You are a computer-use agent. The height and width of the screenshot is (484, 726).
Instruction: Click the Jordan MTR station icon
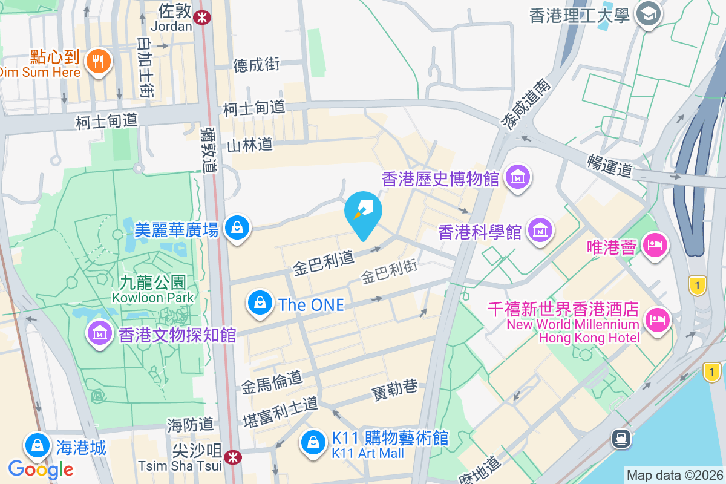(201, 18)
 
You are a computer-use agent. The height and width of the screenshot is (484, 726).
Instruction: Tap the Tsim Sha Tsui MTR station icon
(231, 457)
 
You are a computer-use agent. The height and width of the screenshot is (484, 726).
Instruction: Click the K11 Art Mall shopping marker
(313, 442)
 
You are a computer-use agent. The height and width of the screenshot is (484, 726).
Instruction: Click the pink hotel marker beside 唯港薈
(655, 246)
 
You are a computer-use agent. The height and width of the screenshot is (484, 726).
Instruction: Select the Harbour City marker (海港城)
(38, 446)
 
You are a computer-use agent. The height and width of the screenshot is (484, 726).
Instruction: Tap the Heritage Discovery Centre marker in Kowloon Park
(99, 332)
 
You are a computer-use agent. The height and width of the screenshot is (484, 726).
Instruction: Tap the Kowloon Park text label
(152, 298)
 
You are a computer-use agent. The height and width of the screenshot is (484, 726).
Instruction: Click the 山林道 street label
(250, 145)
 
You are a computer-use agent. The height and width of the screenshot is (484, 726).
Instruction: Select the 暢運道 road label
(609, 165)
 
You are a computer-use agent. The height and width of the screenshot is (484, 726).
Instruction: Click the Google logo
(41, 469)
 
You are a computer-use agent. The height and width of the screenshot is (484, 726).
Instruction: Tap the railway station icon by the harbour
(621, 437)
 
